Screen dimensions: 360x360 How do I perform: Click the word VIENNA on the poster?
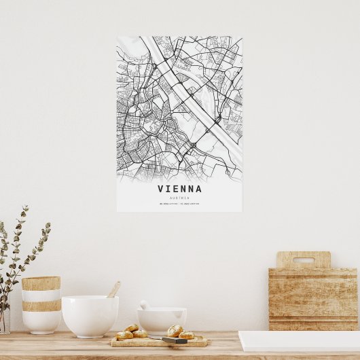(x=180, y=189)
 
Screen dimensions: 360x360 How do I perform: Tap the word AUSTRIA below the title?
(x=180, y=197)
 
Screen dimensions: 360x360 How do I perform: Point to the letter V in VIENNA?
(x=161, y=189)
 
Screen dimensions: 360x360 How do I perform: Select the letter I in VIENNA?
(x=170, y=189)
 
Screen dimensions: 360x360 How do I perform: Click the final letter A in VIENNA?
(x=198, y=189)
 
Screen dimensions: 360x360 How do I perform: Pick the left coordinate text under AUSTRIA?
(x=168, y=203)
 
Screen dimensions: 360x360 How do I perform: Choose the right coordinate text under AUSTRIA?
(x=191, y=203)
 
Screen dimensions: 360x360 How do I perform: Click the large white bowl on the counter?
(x=90, y=316)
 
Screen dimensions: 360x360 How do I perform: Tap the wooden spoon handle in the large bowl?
(x=114, y=289)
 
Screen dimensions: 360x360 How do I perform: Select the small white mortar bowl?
(x=162, y=320)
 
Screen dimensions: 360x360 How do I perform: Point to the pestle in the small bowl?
(x=144, y=305)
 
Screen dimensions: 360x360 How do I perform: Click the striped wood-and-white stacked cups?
(x=41, y=304)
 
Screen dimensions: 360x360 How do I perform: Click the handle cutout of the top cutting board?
(x=303, y=259)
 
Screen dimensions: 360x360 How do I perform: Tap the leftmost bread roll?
(x=124, y=335)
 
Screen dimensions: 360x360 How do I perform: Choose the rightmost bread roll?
(x=186, y=335)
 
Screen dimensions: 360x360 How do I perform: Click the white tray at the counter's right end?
(x=299, y=340)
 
